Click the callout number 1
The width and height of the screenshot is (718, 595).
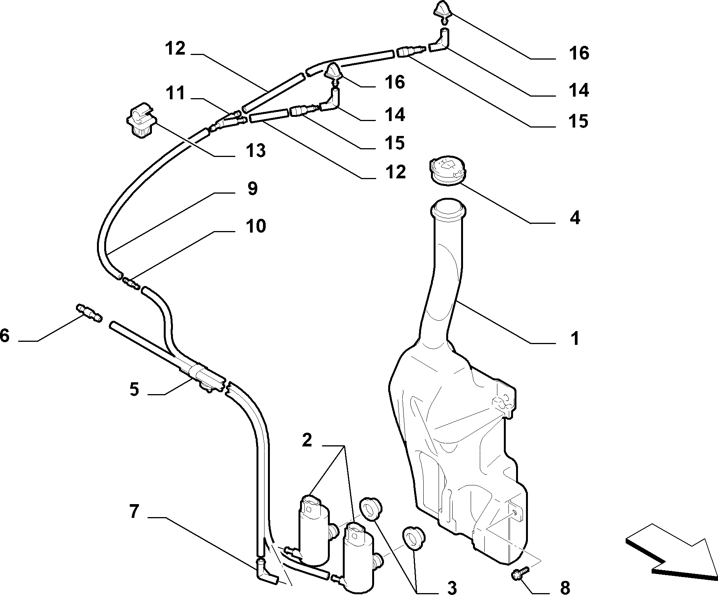tap(574, 338)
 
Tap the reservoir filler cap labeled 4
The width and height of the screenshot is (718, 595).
tap(448, 171)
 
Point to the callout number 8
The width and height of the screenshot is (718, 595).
tap(565, 586)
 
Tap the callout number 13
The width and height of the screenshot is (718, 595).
tap(255, 151)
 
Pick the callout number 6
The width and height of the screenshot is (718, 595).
tap(5, 336)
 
